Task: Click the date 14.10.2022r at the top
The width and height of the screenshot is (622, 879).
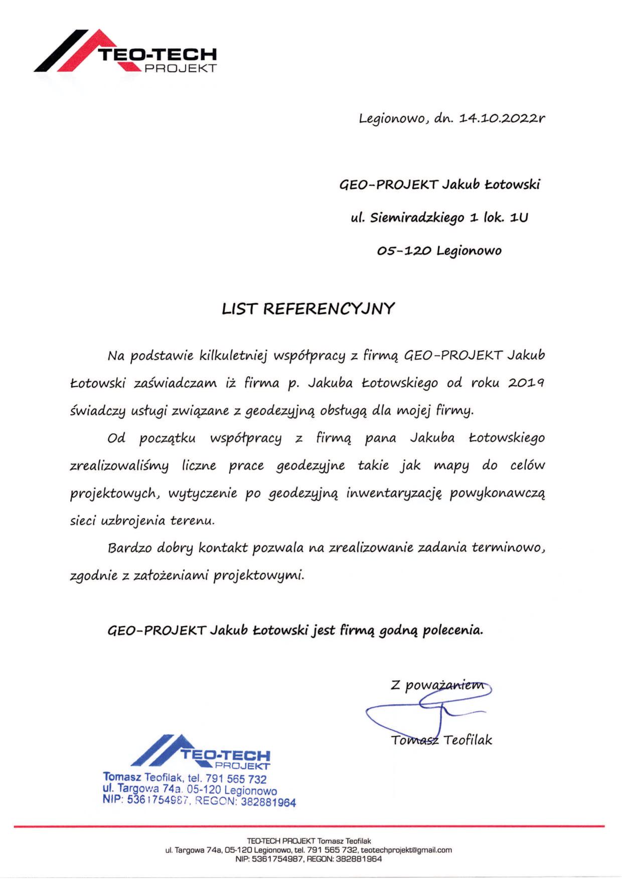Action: (x=501, y=119)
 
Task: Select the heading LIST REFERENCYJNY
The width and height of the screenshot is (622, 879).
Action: (x=308, y=309)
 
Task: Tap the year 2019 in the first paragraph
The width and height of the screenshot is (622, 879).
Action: (x=527, y=383)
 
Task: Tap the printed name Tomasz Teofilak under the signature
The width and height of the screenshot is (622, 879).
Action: (x=441, y=740)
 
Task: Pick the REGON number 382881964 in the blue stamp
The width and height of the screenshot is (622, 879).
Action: (x=268, y=802)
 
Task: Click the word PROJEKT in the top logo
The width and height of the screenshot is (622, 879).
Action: (x=181, y=68)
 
